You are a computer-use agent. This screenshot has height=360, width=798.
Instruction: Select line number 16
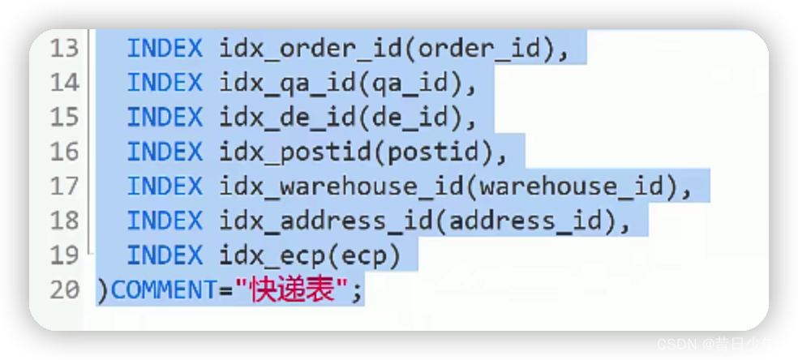click(64, 152)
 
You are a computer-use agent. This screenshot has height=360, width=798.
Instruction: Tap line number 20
click(64, 289)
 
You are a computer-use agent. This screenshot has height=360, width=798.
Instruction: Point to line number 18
click(64, 221)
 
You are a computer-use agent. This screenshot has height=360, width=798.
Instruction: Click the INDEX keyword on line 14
click(165, 84)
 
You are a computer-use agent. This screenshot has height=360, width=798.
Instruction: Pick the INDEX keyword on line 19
click(165, 255)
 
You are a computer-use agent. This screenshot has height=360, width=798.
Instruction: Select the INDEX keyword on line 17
click(165, 186)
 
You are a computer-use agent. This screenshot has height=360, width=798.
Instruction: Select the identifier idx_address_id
click(328, 221)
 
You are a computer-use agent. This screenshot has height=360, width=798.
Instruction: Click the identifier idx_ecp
click(259, 255)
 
